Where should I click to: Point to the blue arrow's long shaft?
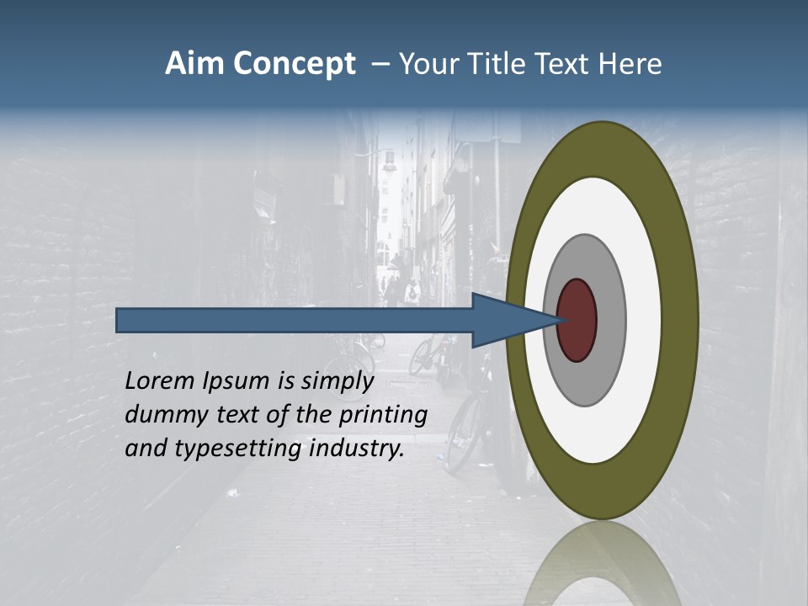295,320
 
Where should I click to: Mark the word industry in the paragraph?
357,449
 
